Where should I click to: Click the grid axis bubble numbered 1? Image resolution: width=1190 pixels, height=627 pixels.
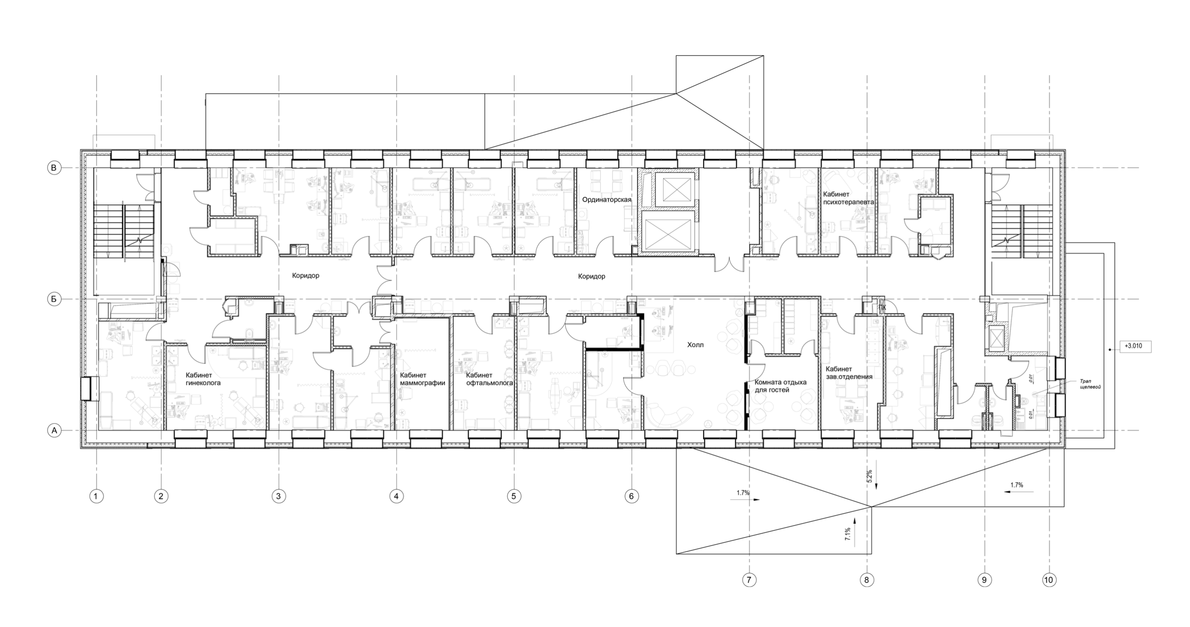tap(96, 496)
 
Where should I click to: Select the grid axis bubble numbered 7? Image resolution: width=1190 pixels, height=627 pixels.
tap(749, 580)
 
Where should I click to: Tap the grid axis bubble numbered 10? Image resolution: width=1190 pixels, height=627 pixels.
tap(1048, 580)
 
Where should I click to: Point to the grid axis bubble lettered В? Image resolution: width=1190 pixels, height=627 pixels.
tap(54, 167)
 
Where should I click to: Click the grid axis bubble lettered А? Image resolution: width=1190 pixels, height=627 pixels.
tap(54, 431)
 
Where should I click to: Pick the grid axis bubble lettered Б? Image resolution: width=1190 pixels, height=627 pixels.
tap(54, 299)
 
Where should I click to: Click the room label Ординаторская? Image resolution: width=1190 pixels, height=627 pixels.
tap(606, 200)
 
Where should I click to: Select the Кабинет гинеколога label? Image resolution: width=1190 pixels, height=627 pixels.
tap(203, 379)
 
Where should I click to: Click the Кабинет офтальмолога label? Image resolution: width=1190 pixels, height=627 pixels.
tap(489, 379)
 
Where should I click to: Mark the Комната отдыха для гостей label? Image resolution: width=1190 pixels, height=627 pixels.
tap(780, 386)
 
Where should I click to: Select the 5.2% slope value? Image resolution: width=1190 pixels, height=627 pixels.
tap(868, 476)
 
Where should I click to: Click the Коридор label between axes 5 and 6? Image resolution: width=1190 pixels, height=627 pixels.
tap(591, 276)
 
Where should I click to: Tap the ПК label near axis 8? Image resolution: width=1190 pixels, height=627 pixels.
tap(882, 308)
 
